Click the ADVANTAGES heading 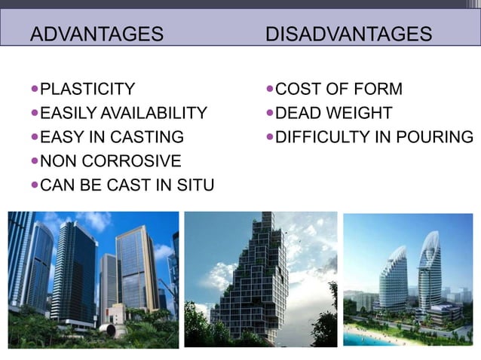point(97,34)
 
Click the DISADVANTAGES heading point(349,34)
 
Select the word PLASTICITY point(87,90)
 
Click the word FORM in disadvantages point(378,90)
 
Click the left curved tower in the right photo point(394,279)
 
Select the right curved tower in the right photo point(430,271)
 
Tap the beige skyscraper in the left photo point(136,267)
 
